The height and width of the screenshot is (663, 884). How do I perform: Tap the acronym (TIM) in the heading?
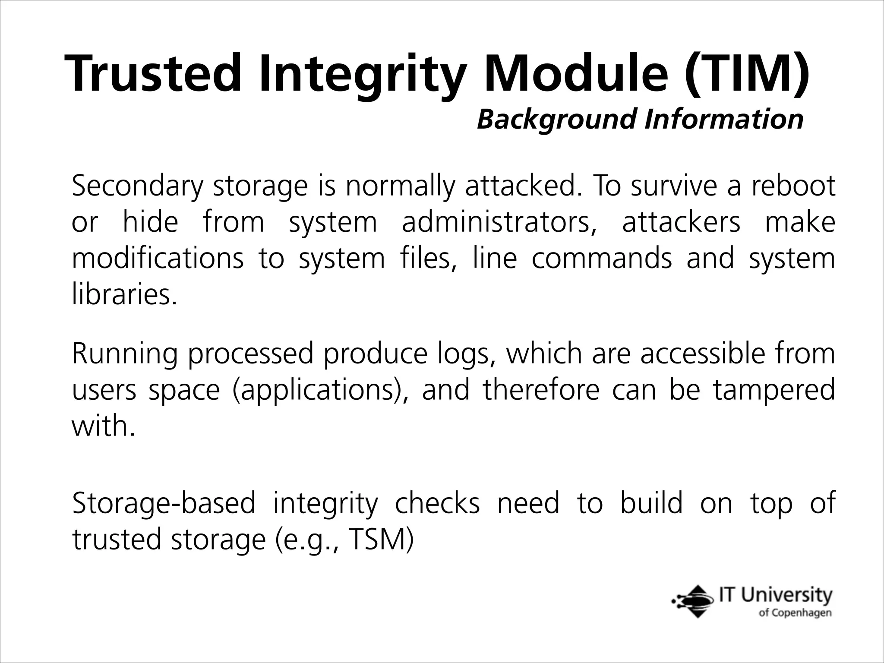point(746,73)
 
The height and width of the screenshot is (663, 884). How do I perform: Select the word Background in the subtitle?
point(556,119)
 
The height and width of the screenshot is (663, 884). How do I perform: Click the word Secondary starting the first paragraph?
point(137,186)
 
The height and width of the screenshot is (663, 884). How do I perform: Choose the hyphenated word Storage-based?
point(164,504)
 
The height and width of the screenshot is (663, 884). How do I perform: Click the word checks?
point(437,503)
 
